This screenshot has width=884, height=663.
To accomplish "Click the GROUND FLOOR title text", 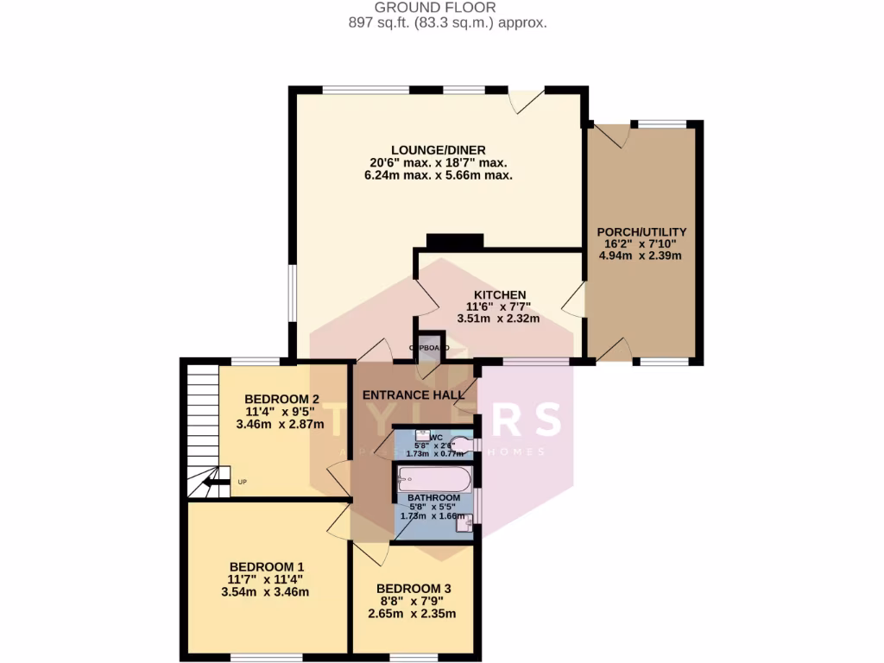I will [447, 8].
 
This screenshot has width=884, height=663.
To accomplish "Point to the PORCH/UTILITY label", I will [641, 231].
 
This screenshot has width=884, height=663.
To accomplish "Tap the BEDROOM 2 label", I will [282, 399].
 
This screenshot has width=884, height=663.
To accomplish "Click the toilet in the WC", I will [463, 445].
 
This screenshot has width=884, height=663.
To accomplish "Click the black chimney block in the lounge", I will [454, 242].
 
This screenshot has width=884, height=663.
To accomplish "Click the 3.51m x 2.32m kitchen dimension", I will [498, 319].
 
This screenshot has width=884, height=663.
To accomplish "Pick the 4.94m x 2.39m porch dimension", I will [641, 256].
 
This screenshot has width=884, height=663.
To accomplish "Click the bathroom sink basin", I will [464, 524].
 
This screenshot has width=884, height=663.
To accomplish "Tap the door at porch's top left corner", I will [606, 136].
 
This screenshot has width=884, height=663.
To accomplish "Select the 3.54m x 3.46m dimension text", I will [265, 592].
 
